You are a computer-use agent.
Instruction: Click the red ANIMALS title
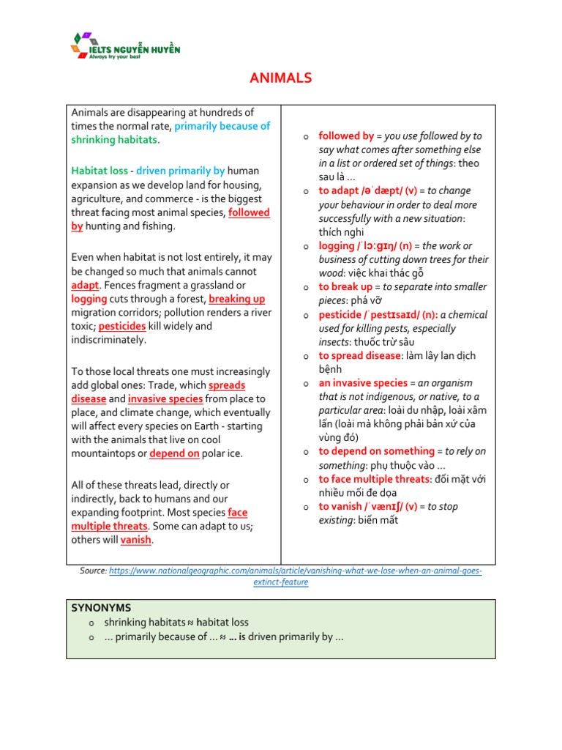click(x=282, y=78)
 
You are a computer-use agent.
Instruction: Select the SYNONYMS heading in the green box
click(x=101, y=608)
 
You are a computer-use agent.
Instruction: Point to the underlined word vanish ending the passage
click(x=136, y=540)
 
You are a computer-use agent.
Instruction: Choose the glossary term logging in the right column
click(x=336, y=245)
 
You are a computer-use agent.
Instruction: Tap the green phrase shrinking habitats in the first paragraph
click(x=114, y=140)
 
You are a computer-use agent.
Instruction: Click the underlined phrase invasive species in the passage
click(x=165, y=398)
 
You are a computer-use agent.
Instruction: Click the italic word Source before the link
click(x=93, y=571)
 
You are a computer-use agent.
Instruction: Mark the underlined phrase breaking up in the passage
click(x=237, y=299)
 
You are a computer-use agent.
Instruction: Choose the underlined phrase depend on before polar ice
click(x=174, y=453)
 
